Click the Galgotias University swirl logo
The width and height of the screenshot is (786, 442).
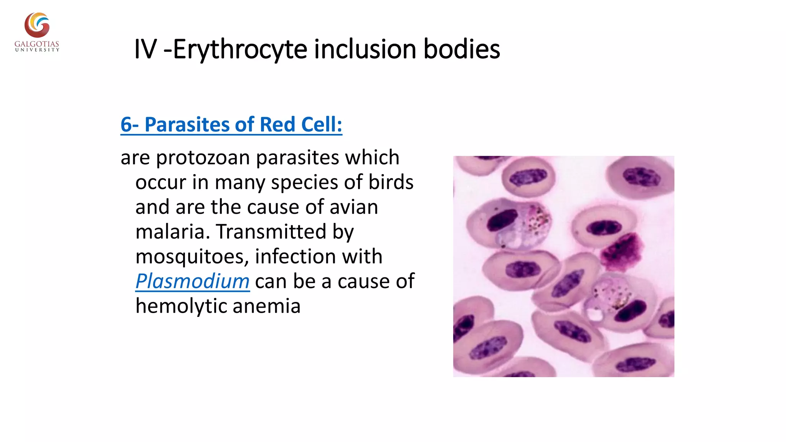37,25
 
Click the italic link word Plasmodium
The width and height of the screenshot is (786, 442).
193,281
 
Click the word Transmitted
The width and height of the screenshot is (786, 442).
271,232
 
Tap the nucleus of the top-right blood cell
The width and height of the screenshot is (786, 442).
641,177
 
